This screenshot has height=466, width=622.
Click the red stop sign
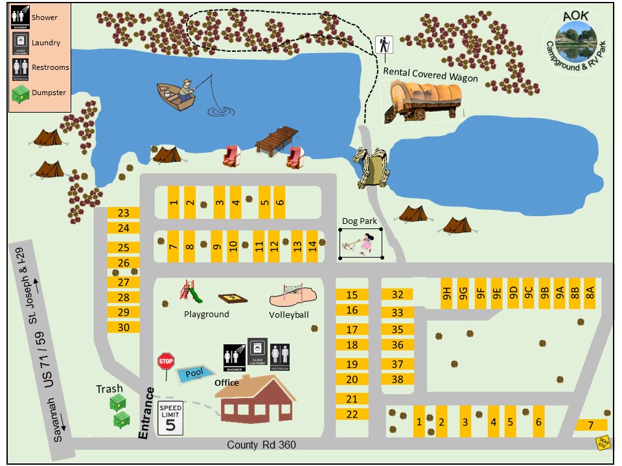166,361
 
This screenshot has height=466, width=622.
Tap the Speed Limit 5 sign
170,418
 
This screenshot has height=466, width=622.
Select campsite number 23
124,213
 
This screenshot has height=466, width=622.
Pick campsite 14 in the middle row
313,246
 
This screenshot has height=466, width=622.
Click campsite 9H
446,293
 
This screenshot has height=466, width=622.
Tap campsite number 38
398,380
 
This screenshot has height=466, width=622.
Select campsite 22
352,414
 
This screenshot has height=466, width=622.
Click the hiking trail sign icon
384,45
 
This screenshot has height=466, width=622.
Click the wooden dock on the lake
276,140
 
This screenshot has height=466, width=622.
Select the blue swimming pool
193,373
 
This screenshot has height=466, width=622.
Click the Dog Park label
360,221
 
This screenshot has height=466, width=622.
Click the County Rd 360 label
262,445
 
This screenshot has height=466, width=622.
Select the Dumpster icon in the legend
21,94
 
